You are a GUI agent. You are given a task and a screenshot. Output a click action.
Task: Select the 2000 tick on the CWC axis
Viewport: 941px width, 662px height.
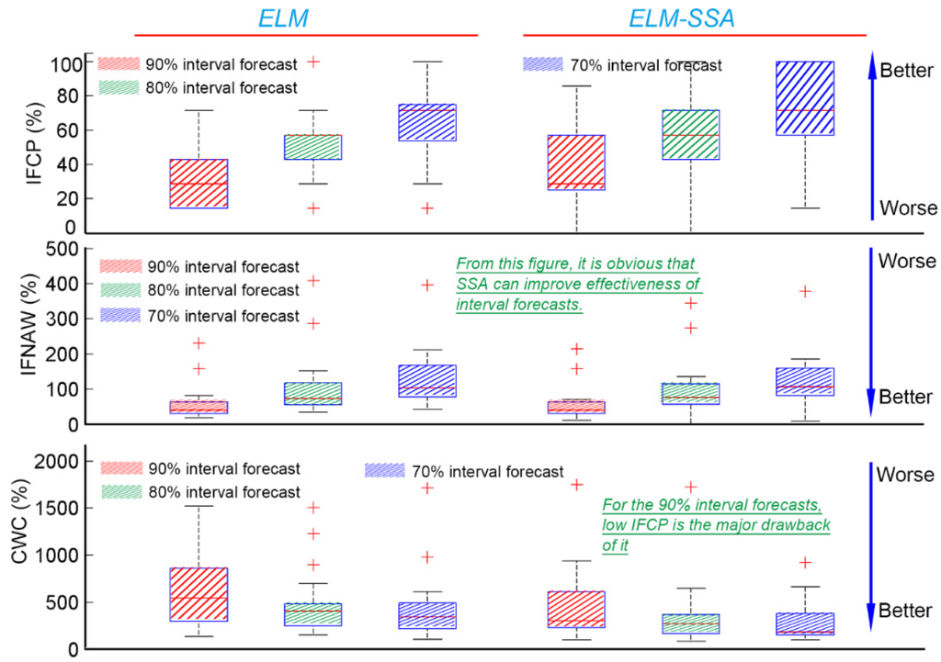tap(57, 461)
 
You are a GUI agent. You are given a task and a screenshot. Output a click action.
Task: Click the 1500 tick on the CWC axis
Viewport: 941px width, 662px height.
tap(57, 508)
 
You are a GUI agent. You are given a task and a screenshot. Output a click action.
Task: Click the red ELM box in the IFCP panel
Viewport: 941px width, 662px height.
tap(199, 184)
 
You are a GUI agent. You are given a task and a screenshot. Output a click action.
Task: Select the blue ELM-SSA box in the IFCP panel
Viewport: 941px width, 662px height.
tap(805, 98)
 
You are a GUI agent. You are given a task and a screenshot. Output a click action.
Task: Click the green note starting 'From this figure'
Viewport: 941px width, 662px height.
tap(579, 285)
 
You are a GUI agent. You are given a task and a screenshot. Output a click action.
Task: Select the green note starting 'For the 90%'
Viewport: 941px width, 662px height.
tap(717, 524)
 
